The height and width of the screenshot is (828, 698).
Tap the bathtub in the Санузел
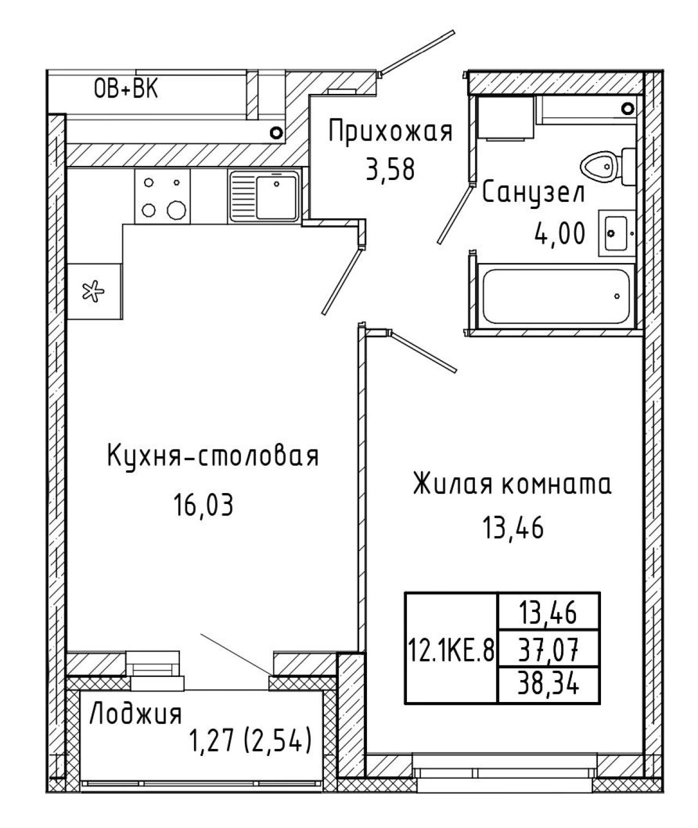point(556,296)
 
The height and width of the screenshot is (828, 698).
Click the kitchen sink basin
point(264,196)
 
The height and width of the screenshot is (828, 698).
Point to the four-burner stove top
point(162,196)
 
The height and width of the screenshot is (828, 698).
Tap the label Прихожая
point(390,133)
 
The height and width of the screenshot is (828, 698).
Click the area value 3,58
point(390,170)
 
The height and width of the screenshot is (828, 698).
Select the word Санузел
point(534,194)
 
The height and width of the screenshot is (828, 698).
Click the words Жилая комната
point(512,484)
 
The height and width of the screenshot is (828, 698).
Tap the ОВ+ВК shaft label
point(126,89)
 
